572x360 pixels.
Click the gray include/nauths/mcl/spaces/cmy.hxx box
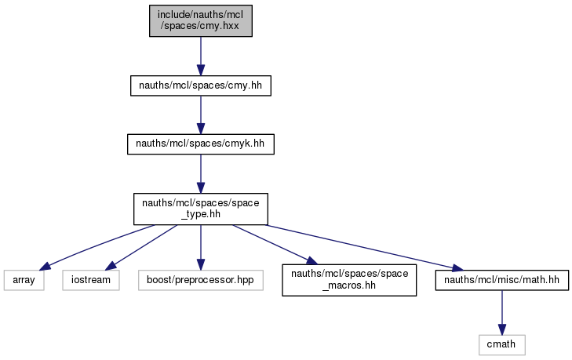tap(201, 21)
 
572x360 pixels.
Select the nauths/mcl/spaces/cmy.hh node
tap(201, 85)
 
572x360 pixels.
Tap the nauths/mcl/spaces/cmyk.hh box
tap(201, 144)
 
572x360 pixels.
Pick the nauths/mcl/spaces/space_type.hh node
tap(201, 209)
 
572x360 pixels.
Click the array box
tap(24, 280)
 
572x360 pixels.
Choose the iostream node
tap(91, 280)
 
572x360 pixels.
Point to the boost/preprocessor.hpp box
tap(201, 280)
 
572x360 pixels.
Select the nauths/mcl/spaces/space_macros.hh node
tap(349, 280)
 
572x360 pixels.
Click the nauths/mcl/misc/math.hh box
tap(502, 280)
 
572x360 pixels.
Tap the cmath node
tap(502, 344)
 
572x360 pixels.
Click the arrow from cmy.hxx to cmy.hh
tap(201, 56)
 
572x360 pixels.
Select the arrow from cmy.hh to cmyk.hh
tap(201, 115)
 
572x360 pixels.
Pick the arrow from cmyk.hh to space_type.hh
tap(201, 173)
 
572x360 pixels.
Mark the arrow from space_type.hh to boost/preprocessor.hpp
tap(201, 247)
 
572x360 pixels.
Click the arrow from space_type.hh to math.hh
tap(365, 248)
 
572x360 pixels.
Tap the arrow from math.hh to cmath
tap(502, 313)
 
